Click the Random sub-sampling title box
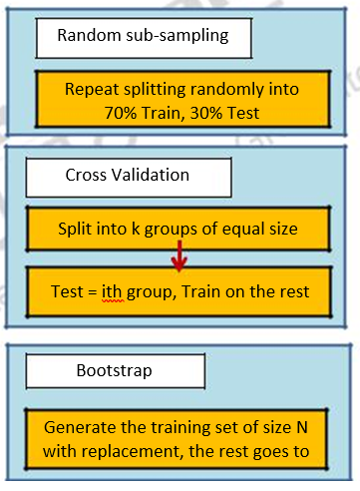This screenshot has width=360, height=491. click(143, 36)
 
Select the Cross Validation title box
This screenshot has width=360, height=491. click(128, 176)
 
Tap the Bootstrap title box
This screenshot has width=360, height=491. click(114, 370)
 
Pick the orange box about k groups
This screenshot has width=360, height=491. click(179, 228)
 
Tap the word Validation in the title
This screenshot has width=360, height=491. click(150, 176)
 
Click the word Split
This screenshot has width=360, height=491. click(76, 228)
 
